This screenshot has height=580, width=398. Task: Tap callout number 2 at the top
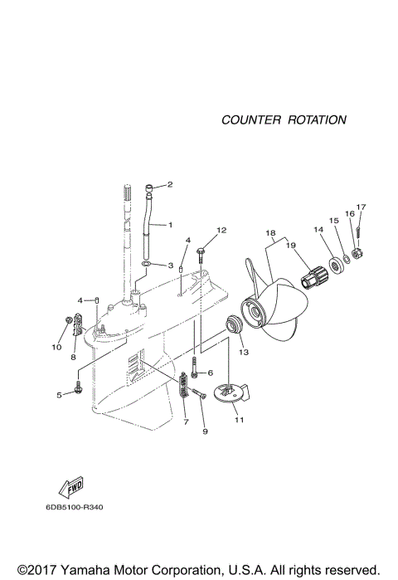[x=170, y=184]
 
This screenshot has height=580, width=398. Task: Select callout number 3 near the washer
[x=170, y=266]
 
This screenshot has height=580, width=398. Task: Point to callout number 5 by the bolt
[x=59, y=395]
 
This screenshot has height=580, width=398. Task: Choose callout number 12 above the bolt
[x=221, y=229]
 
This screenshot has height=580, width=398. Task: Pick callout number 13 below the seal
[x=244, y=353]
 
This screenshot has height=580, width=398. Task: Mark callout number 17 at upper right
[x=361, y=207]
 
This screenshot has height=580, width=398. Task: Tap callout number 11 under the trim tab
[x=239, y=421]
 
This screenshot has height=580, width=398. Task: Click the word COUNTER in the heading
[x=250, y=119]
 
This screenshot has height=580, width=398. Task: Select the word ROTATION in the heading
[x=317, y=119]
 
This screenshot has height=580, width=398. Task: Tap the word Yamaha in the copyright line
[x=85, y=570]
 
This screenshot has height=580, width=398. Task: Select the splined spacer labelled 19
[x=315, y=275]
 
